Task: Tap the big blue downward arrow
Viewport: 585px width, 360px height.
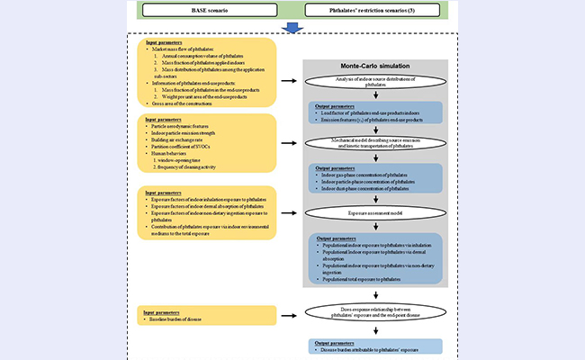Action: click(x=292, y=31)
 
